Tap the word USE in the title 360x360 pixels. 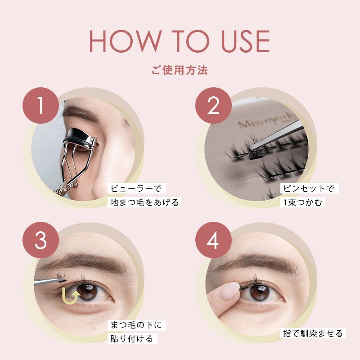245,41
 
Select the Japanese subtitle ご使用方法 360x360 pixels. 180,70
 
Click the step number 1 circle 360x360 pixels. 41,106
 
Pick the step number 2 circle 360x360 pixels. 213,106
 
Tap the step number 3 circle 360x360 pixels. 41,240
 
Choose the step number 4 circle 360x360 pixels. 213,240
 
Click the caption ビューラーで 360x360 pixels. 136,189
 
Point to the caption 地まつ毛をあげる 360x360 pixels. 144,202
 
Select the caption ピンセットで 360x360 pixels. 309,189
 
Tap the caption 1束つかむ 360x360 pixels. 302,202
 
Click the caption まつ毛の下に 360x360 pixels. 136,325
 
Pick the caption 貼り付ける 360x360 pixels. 132,339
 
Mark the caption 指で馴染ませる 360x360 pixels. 313,333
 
